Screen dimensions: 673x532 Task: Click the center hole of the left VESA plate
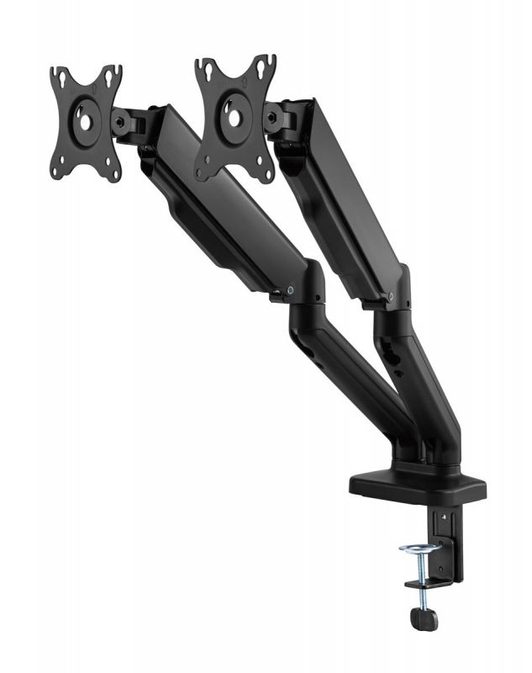[x=85, y=119]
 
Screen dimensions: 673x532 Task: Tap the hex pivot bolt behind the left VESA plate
[x=124, y=123]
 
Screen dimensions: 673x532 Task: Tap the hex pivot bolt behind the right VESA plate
[x=273, y=119]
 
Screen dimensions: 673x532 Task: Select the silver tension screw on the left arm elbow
[x=291, y=289]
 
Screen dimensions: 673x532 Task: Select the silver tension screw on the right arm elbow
[x=392, y=295]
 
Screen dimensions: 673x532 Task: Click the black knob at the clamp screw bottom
[x=423, y=618]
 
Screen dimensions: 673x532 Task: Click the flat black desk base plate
[x=418, y=485]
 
